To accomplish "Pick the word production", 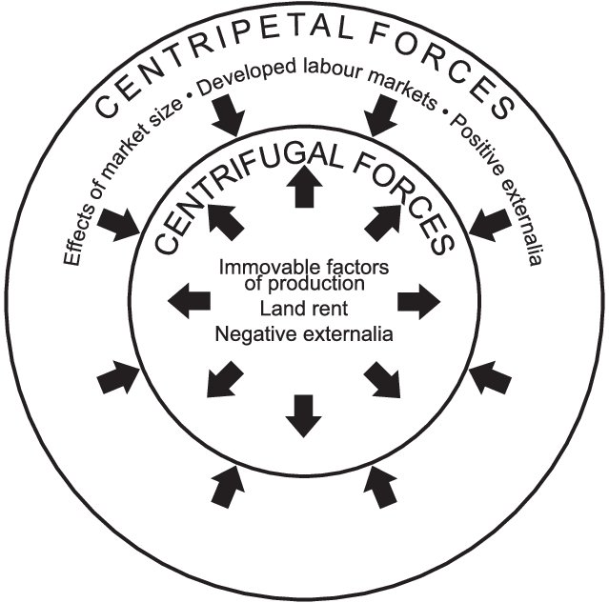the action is [x=315, y=284].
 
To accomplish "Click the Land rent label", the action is [x=304, y=309].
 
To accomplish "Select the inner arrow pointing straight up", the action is [x=304, y=187].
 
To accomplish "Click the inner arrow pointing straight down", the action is [x=304, y=416].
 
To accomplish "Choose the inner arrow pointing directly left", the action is [x=189, y=301].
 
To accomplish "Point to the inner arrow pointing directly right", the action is [x=418, y=301].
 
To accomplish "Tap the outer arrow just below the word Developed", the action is [x=228, y=115].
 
